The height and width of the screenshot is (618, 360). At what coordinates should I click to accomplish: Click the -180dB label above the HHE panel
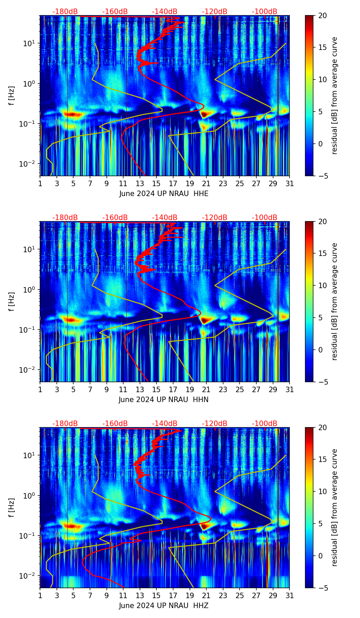click(65, 12)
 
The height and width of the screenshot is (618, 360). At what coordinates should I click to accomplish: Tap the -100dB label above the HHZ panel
click(265, 424)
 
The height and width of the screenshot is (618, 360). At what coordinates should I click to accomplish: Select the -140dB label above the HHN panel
click(165, 218)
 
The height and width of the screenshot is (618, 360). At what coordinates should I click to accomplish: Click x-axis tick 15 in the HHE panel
click(156, 183)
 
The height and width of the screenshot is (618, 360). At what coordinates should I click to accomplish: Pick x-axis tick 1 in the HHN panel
click(40, 389)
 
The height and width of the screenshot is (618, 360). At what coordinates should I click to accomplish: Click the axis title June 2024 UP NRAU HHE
click(164, 194)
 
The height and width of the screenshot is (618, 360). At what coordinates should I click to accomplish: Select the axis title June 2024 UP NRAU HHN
click(164, 400)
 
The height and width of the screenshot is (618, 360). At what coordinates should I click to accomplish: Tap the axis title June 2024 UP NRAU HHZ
click(164, 606)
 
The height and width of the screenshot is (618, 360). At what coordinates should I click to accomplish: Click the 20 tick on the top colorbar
click(322, 15)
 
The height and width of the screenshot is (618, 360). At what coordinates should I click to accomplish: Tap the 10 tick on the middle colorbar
click(322, 285)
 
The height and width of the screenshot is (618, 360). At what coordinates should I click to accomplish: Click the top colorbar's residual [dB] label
click(335, 95)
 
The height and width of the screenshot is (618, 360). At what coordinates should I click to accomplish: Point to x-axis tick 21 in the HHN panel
click(206, 389)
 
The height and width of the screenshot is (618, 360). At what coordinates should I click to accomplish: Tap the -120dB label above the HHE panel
click(215, 12)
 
